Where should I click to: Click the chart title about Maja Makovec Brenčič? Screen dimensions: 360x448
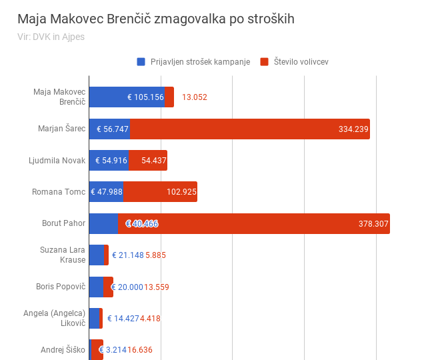[156, 19]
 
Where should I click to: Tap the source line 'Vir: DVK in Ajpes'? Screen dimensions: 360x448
[51, 37]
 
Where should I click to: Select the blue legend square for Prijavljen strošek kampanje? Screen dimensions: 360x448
[141, 62]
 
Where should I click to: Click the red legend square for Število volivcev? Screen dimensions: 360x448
[264, 62]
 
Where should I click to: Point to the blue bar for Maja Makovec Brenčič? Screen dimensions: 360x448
[127, 97]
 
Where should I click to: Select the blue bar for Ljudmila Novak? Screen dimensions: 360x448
[109, 161]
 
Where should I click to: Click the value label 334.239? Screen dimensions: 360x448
[353, 129]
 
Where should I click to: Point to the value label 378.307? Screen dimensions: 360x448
[373, 223]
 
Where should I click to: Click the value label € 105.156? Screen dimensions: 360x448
[145, 97]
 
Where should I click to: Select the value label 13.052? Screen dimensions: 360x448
[195, 97]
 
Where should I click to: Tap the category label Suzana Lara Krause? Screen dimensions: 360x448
[63, 255]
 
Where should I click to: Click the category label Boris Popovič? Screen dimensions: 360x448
[61, 287]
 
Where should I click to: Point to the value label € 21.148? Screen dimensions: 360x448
[127, 255]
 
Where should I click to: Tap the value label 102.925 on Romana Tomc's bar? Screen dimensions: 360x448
[181, 192]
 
